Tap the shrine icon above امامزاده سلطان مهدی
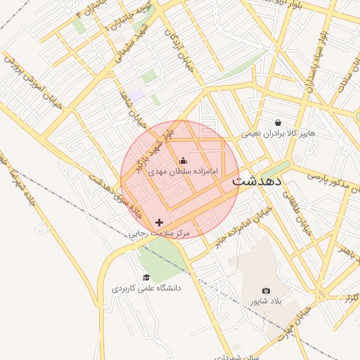(184, 161)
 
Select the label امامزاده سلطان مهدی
(184, 172)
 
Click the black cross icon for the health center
(160, 222)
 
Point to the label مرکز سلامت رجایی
(161, 233)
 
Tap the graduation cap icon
(146, 278)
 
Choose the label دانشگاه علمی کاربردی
(146, 288)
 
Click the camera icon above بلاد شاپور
(266, 290)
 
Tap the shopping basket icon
(278, 122)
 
